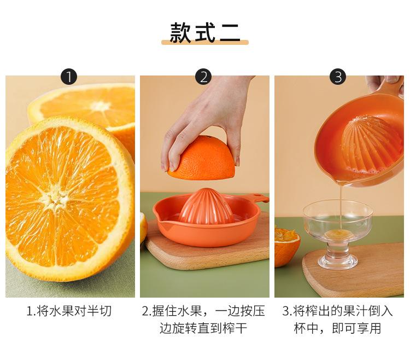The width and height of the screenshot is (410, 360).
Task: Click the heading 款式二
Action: (205, 33)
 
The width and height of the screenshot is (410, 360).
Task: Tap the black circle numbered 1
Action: (69, 77)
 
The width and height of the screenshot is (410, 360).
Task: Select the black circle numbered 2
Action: (204, 77)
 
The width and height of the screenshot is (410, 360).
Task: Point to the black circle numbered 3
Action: (338, 77)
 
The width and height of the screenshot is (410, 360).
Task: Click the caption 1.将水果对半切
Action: (69, 311)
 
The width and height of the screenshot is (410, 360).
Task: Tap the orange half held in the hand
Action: (202, 158)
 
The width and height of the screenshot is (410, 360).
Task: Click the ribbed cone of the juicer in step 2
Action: (206, 206)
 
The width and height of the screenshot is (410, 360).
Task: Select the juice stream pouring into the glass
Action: (341, 206)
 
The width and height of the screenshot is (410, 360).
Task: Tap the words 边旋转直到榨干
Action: (203, 328)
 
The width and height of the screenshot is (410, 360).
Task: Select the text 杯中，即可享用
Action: (338, 328)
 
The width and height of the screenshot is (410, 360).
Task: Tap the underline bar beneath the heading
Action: (205, 42)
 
